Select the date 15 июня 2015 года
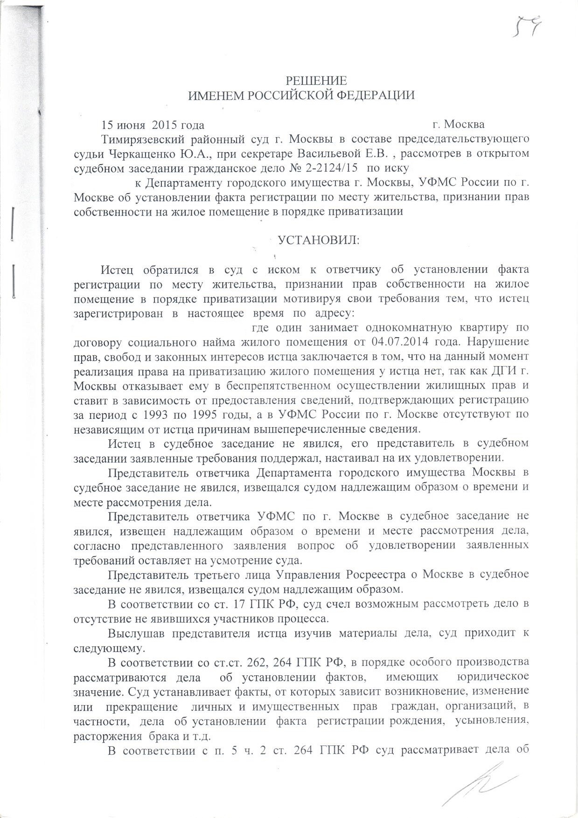tap(153, 125)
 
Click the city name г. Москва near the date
tap(458, 125)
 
